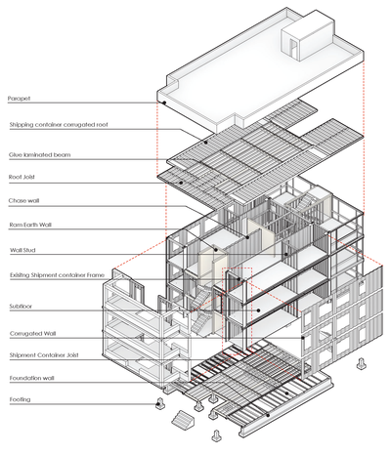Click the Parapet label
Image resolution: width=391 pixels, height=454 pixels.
[22, 99]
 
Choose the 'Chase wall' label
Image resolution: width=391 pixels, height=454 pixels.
[26, 202]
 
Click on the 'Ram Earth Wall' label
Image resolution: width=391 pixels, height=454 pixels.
[33, 226]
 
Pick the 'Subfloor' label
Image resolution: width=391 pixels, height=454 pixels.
[22, 307]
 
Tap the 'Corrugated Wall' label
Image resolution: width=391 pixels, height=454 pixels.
[34, 334]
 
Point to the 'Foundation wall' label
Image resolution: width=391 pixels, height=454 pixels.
[34, 378]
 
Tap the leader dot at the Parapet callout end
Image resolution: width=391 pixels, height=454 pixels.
[164, 102]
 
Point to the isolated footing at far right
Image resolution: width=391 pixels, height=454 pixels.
[362, 363]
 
